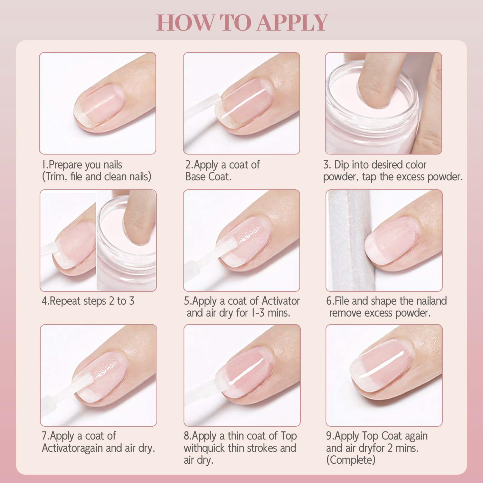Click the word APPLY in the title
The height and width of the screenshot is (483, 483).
tap(292, 23)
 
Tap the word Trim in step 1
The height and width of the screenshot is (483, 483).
tap(55, 177)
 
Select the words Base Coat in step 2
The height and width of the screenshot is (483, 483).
tap(208, 177)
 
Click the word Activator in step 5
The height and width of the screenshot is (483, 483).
tap(281, 301)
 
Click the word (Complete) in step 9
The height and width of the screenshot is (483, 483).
tap(351, 460)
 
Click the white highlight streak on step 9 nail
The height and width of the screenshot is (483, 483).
tap(382, 365)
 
